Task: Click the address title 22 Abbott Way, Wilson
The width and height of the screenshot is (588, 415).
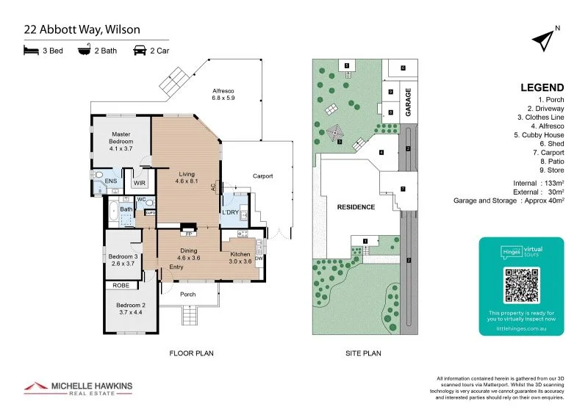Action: point(82,30)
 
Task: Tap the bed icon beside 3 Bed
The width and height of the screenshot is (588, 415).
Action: point(30,51)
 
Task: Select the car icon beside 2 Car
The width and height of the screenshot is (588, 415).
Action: point(139,51)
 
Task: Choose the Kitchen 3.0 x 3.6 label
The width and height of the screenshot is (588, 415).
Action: point(240,257)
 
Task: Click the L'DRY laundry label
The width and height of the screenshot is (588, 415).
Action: point(231,212)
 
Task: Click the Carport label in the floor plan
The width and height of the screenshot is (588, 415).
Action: point(262,176)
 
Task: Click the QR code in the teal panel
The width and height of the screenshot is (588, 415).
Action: point(521,286)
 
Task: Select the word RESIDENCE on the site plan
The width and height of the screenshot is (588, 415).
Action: point(356,207)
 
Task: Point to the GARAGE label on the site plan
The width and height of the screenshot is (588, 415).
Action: point(409,102)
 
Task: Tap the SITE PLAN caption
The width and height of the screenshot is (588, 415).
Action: point(363,353)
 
